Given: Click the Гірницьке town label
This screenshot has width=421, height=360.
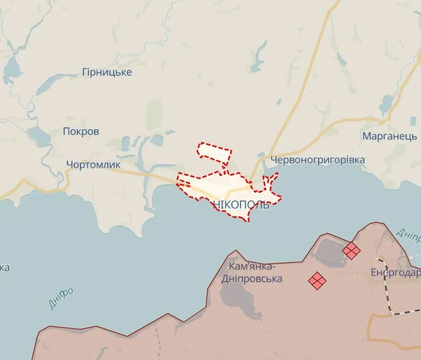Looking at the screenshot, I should [107, 72].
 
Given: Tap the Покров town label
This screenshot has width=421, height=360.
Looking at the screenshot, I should [81, 131].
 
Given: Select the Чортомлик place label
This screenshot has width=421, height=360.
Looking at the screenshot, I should [93, 165].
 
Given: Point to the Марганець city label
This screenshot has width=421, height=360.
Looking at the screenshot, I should [390, 136].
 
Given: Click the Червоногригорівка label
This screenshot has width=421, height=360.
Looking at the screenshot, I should [317, 159].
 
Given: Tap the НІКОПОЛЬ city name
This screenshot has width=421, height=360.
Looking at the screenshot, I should [241, 205].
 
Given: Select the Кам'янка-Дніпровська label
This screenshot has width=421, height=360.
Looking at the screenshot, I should [255, 272].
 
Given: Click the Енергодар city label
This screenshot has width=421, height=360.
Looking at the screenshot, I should [396, 273].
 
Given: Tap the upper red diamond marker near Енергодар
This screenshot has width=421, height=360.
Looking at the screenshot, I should [351, 250].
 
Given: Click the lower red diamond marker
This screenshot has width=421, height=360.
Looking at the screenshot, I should [317, 281].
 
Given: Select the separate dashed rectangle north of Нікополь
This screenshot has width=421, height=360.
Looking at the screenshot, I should [214, 152].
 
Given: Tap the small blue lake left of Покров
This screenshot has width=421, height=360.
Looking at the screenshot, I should [38, 137].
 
